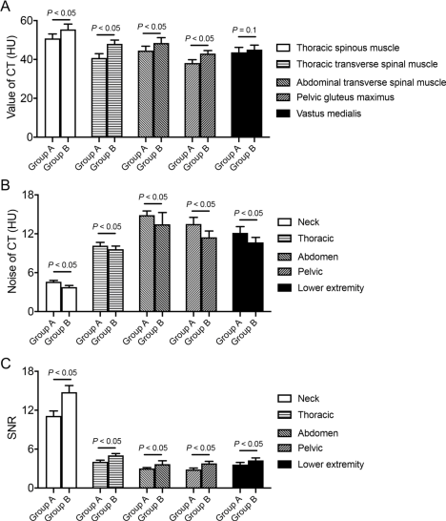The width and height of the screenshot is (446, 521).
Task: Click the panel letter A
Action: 6,6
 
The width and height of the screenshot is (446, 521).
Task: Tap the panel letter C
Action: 6,364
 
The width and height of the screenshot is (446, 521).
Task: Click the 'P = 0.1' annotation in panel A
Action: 244,31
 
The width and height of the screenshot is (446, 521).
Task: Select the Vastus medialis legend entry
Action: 319,114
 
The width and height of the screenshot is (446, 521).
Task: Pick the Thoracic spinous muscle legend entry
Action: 337,48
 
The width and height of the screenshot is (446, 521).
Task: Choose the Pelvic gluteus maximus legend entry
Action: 335,97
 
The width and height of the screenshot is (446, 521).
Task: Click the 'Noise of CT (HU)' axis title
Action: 12,251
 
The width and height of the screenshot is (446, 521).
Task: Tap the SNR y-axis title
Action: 12,429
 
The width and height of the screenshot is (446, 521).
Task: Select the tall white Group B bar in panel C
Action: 69,440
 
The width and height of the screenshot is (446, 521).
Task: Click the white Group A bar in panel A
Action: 52,88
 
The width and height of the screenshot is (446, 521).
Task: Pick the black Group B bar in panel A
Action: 254,94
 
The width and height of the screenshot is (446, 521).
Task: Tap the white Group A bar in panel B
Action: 53,297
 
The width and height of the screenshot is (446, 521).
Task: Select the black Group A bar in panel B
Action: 240,272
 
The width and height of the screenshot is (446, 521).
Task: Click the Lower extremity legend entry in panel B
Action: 321,288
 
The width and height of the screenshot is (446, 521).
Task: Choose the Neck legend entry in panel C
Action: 298,399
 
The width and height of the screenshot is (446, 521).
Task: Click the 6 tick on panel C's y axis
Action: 30,448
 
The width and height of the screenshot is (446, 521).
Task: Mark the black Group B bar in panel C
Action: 255,474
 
